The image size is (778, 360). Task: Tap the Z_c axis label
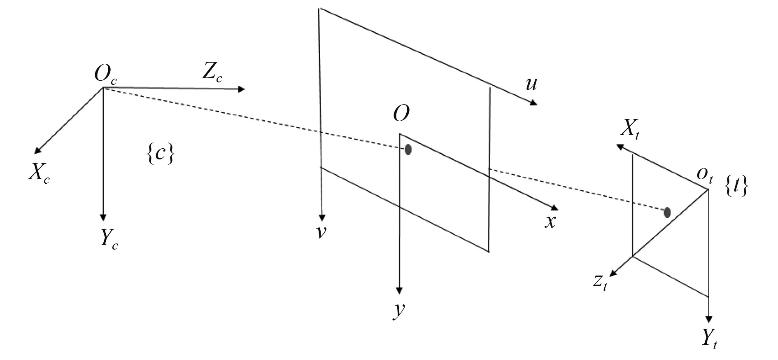212,73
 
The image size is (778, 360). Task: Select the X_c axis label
39,173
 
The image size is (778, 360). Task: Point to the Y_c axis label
108,239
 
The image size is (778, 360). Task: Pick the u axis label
531,84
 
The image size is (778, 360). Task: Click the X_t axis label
629,131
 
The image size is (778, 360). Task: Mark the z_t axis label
600,282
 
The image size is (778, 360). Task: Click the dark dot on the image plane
408,150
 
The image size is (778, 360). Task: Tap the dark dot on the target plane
667,213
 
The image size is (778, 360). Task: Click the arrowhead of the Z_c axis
241,89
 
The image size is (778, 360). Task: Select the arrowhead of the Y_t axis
708,319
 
